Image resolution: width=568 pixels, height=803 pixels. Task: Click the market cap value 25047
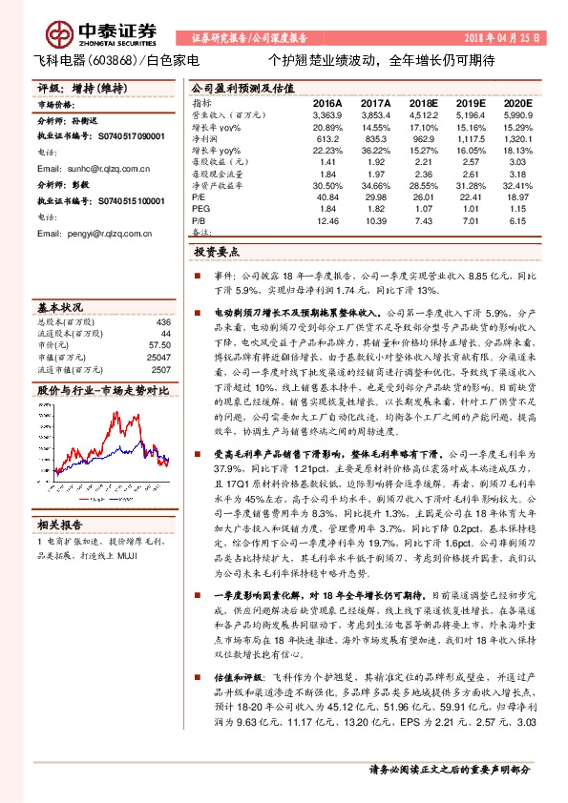158,357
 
